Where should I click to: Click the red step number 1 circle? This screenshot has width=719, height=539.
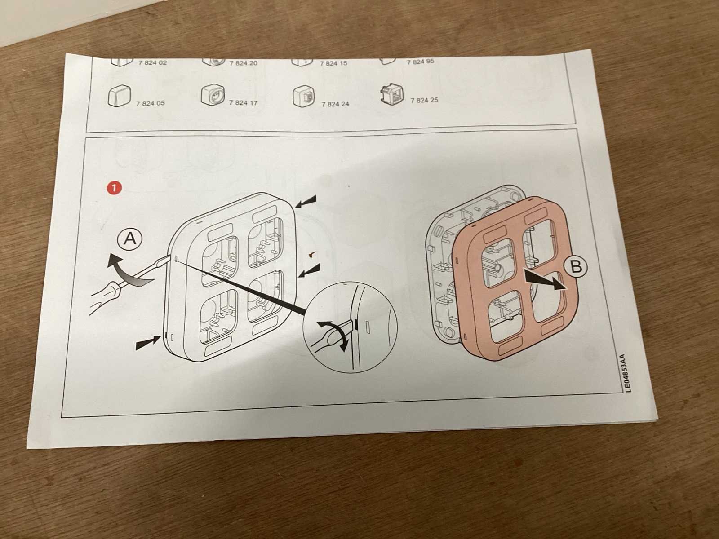click(x=114, y=188)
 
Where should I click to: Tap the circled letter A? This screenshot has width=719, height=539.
click(x=130, y=239)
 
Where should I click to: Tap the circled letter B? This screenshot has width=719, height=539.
click(x=576, y=267)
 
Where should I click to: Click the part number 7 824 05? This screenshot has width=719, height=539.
click(x=151, y=103)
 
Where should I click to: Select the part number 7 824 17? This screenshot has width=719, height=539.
click(x=243, y=102)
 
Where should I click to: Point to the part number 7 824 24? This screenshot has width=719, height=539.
click(x=335, y=104)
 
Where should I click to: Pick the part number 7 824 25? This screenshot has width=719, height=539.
click(x=424, y=100)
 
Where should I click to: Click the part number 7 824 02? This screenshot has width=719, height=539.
click(x=153, y=62)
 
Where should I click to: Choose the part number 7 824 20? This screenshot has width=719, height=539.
click(x=244, y=63)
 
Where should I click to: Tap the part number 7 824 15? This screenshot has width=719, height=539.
click(x=333, y=63)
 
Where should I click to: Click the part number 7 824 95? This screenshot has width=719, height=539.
click(x=421, y=62)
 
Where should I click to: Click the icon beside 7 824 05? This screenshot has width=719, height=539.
click(x=119, y=96)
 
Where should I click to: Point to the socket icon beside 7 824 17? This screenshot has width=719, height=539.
click(x=213, y=95)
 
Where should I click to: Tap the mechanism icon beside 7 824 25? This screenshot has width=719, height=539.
click(x=392, y=94)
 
